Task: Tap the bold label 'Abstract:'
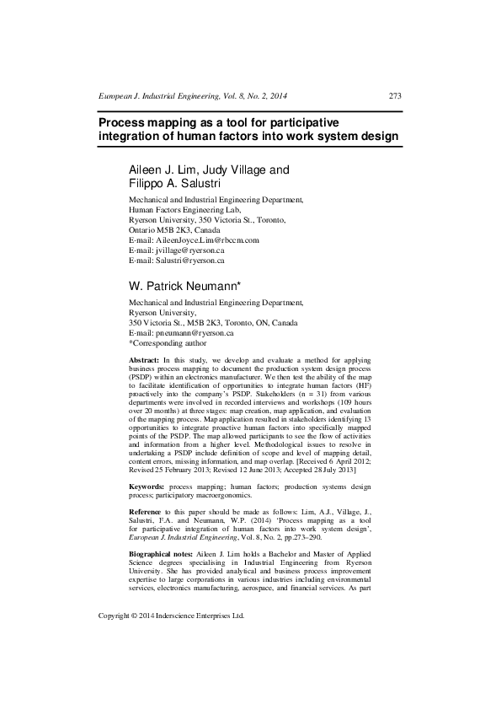(144, 360)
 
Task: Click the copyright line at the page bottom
(171, 663)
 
